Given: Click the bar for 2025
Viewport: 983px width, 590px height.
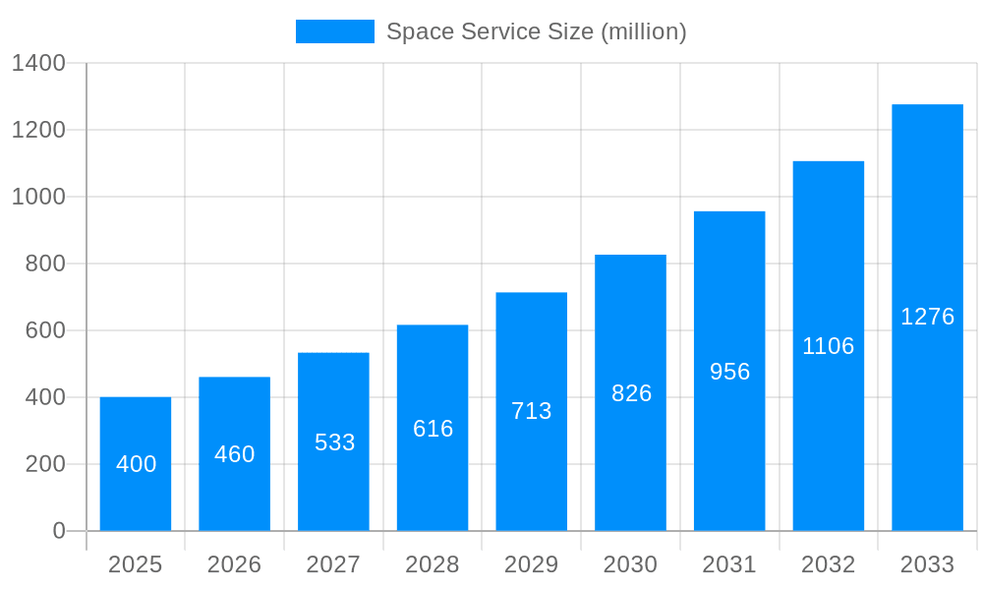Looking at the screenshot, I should tap(136, 464).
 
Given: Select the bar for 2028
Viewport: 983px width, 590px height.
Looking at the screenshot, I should tap(433, 428).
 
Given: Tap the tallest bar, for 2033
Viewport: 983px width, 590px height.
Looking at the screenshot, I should tap(927, 318).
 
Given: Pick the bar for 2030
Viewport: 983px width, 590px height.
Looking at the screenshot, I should tap(630, 392).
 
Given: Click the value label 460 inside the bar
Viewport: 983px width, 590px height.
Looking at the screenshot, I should tap(235, 454).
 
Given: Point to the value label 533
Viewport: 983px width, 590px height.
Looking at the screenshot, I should tap(334, 442).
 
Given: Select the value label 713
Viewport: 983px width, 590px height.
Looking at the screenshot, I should tap(532, 411).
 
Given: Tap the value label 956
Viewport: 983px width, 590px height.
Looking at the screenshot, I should tap(729, 372).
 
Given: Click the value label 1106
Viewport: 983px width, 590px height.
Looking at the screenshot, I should tap(829, 346).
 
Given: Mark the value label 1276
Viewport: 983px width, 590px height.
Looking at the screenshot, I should tap(927, 317).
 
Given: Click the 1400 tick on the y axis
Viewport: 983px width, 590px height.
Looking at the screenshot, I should tap(38, 64).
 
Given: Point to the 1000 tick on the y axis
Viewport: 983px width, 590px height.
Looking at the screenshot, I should tap(38, 197).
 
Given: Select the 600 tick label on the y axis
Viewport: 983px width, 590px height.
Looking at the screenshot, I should tap(45, 330).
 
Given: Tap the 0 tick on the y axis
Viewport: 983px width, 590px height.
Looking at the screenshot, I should tap(59, 531).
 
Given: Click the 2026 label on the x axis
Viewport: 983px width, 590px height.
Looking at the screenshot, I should tap(235, 564).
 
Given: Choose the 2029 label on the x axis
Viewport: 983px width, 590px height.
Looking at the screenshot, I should tap(532, 564).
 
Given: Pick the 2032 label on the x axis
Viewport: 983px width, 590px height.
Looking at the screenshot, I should tap(829, 564).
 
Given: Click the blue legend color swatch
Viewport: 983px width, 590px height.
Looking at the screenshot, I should tap(335, 31).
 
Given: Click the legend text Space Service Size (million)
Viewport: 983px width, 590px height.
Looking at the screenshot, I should tap(536, 31).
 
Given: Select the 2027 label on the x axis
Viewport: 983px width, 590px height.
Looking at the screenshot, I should tap(334, 564).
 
